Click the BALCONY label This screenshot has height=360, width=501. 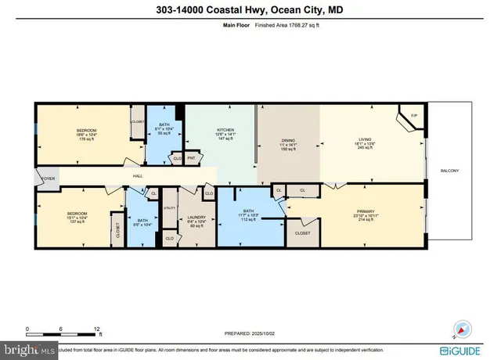click(449, 171)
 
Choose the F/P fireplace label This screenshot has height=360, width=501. click(414, 117)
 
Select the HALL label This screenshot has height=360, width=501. click(136, 177)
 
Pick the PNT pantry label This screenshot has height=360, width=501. click(191, 158)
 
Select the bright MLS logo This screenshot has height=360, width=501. click(29, 347)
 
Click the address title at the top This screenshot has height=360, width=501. click(250, 9)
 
